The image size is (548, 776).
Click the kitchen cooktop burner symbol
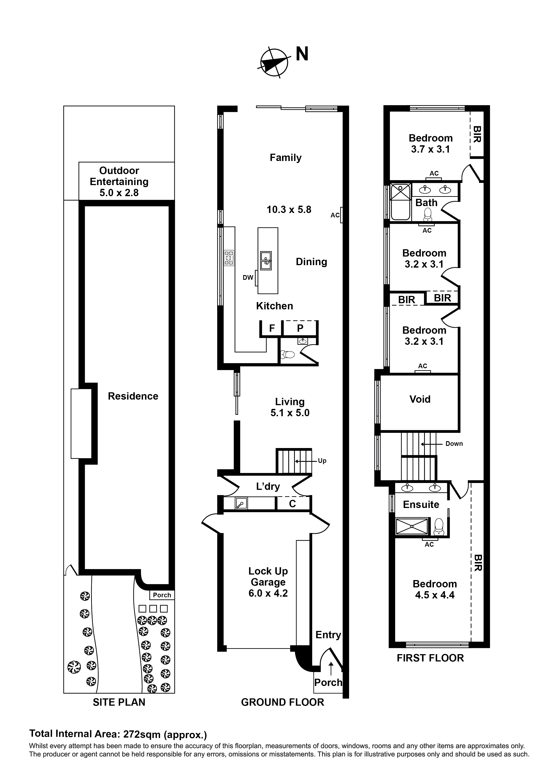pyautogui.click(x=229, y=258)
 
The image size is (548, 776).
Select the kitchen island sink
pyautogui.click(x=266, y=261)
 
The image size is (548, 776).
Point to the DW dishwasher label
pyautogui.click(x=248, y=278)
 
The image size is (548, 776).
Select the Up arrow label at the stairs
pyautogui.click(x=322, y=461)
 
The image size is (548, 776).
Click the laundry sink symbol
pyautogui.click(x=241, y=504)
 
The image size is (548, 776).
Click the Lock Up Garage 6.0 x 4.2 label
pyautogui.click(x=268, y=582)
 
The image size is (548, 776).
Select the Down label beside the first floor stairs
pyautogui.click(x=454, y=444)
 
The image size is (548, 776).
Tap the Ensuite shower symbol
pyautogui.click(x=411, y=526)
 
